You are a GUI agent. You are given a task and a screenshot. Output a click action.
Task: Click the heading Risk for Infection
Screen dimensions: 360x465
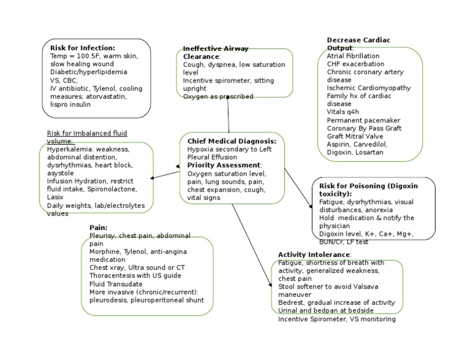pyautogui.click(x=82, y=47)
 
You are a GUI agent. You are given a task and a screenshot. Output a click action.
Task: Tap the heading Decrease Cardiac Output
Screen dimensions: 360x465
pyautogui.click(x=358, y=44)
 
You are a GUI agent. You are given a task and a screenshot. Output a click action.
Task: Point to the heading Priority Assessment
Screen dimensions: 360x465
pyautogui.click(x=224, y=165)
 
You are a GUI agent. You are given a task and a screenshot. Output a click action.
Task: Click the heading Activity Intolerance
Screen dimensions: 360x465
pyautogui.click(x=314, y=254)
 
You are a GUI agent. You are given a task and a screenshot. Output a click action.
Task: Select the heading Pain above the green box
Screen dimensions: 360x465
pyautogui.click(x=98, y=227)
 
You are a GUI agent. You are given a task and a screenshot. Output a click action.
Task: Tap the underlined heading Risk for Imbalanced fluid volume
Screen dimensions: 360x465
pyautogui.click(x=87, y=137)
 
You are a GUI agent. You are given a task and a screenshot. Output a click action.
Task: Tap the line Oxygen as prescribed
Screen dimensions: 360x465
pyautogui.click(x=218, y=96)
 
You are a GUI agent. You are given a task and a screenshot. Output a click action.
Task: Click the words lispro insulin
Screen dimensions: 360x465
pyautogui.click(x=71, y=104)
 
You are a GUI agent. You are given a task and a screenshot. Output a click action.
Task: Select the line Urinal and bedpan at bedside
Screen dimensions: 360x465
pyautogui.click(x=328, y=310)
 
